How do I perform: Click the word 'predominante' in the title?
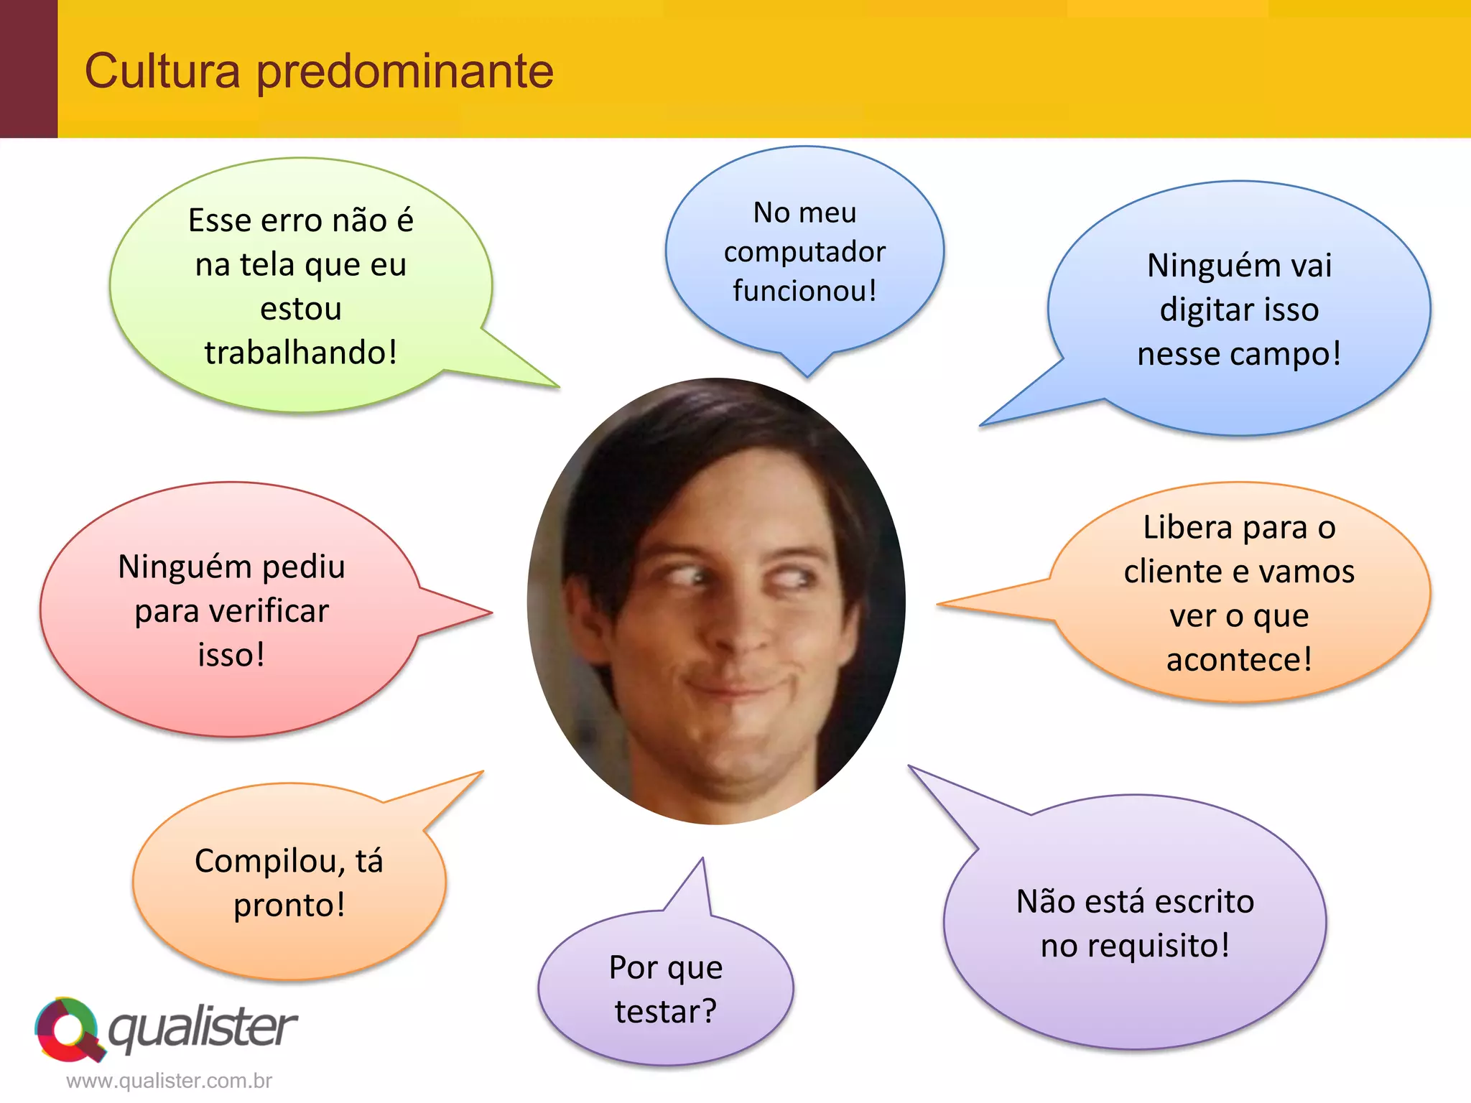[x=405, y=72]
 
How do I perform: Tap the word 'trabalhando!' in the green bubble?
[x=301, y=353]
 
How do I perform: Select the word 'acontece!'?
[x=1239, y=660]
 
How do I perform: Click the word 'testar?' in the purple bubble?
[x=666, y=1012]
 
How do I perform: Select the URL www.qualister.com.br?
[x=169, y=1081]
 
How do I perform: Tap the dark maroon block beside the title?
[x=28, y=69]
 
